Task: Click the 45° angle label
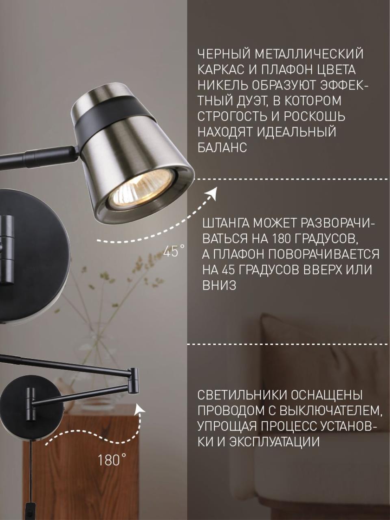174,251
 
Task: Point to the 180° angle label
112,460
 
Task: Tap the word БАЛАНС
222,147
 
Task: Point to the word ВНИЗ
219,285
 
